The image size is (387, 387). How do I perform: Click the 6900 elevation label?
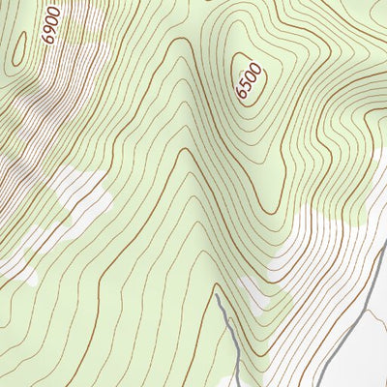pyautogui.click(x=51, y=24)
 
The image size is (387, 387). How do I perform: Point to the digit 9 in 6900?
pyautogui.click(x=49, y=31)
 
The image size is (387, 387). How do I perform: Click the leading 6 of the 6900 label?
pyautogui.click(x=46, y=40)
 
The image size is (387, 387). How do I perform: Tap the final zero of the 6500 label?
pyautogui.click(x=254, y=66)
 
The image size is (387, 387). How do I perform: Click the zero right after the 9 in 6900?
pyautogui.click(x=52, y=19)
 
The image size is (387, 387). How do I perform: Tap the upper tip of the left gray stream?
pyautogui.click(x=218, y=290)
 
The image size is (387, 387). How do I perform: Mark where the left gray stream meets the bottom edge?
pyautogui.click(x=235, y=385)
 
